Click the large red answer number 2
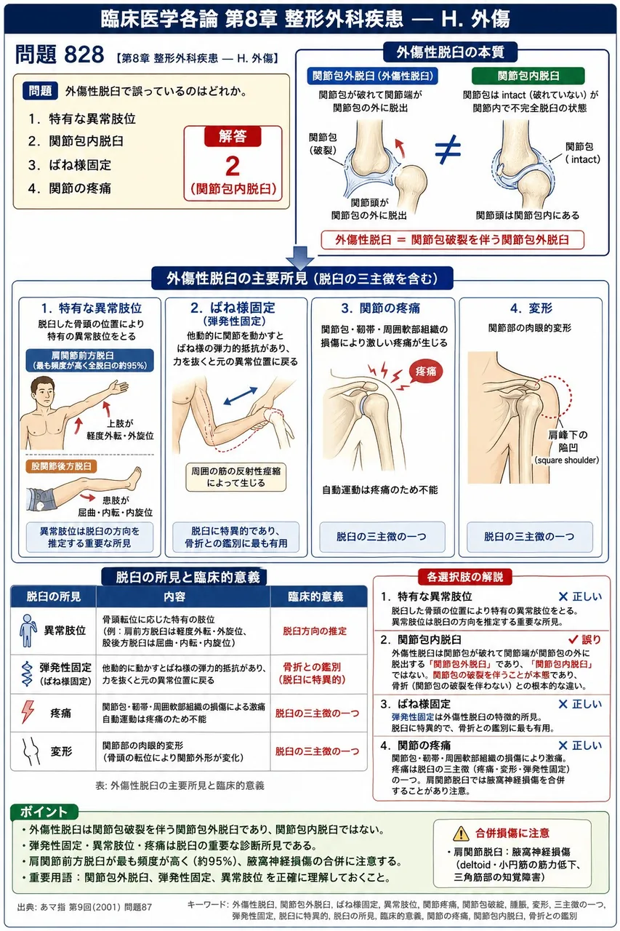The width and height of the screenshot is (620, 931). pos(233,167)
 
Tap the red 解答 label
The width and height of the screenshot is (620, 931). pos(233,137)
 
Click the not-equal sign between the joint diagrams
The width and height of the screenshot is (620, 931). pos(448,149)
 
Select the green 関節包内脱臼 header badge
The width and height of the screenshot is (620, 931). pos(528,76)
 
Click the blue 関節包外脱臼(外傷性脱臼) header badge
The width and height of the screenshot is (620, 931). pos(372,76)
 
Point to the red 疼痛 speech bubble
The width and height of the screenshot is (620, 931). pos(426,371)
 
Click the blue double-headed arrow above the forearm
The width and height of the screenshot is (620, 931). pos(241,395)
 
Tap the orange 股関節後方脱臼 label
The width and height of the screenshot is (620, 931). pos(61,466)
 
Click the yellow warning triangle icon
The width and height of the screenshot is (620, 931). pos(461,833)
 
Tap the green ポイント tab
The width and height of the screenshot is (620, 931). pos(44,812)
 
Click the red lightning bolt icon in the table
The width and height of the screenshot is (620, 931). pos(28,712)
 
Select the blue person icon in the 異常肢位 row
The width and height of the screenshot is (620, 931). pos(28,631)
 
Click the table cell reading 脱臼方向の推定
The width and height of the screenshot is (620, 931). pos(315,631)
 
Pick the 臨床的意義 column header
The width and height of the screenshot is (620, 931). pos(315,597)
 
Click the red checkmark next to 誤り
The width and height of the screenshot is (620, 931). pos(573,639)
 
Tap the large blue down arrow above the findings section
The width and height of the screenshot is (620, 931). pos(300,257)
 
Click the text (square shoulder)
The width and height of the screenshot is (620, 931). pos(566,460)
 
